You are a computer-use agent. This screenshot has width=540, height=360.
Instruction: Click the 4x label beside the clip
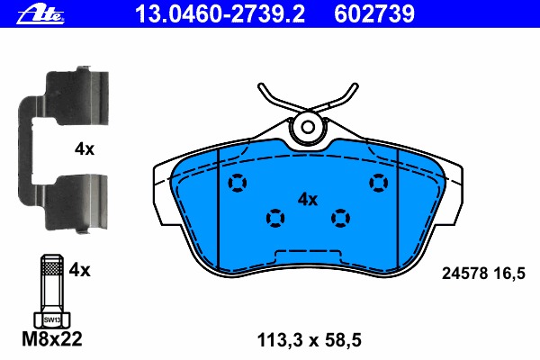(x=84, y=150)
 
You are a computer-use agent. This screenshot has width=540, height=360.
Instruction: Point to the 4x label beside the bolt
(x=80, y=269)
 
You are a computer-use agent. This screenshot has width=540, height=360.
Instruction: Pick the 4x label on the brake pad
(x=308, y=200)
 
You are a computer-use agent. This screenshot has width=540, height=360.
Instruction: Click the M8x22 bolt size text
(x=49, y=339)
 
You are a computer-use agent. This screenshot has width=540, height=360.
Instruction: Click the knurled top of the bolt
(x=50, y=266)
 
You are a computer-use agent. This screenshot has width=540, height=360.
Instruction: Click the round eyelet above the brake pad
(x=308, y=127)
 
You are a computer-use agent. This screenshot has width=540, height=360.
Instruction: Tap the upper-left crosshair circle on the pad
(x=238, y=184)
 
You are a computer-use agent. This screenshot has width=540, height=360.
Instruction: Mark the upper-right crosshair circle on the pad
(x=379, y=184)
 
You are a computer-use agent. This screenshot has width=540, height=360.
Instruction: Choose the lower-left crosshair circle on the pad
(x=274, y=217)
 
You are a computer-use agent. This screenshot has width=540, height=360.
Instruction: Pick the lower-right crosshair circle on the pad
(x=340, y=217)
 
